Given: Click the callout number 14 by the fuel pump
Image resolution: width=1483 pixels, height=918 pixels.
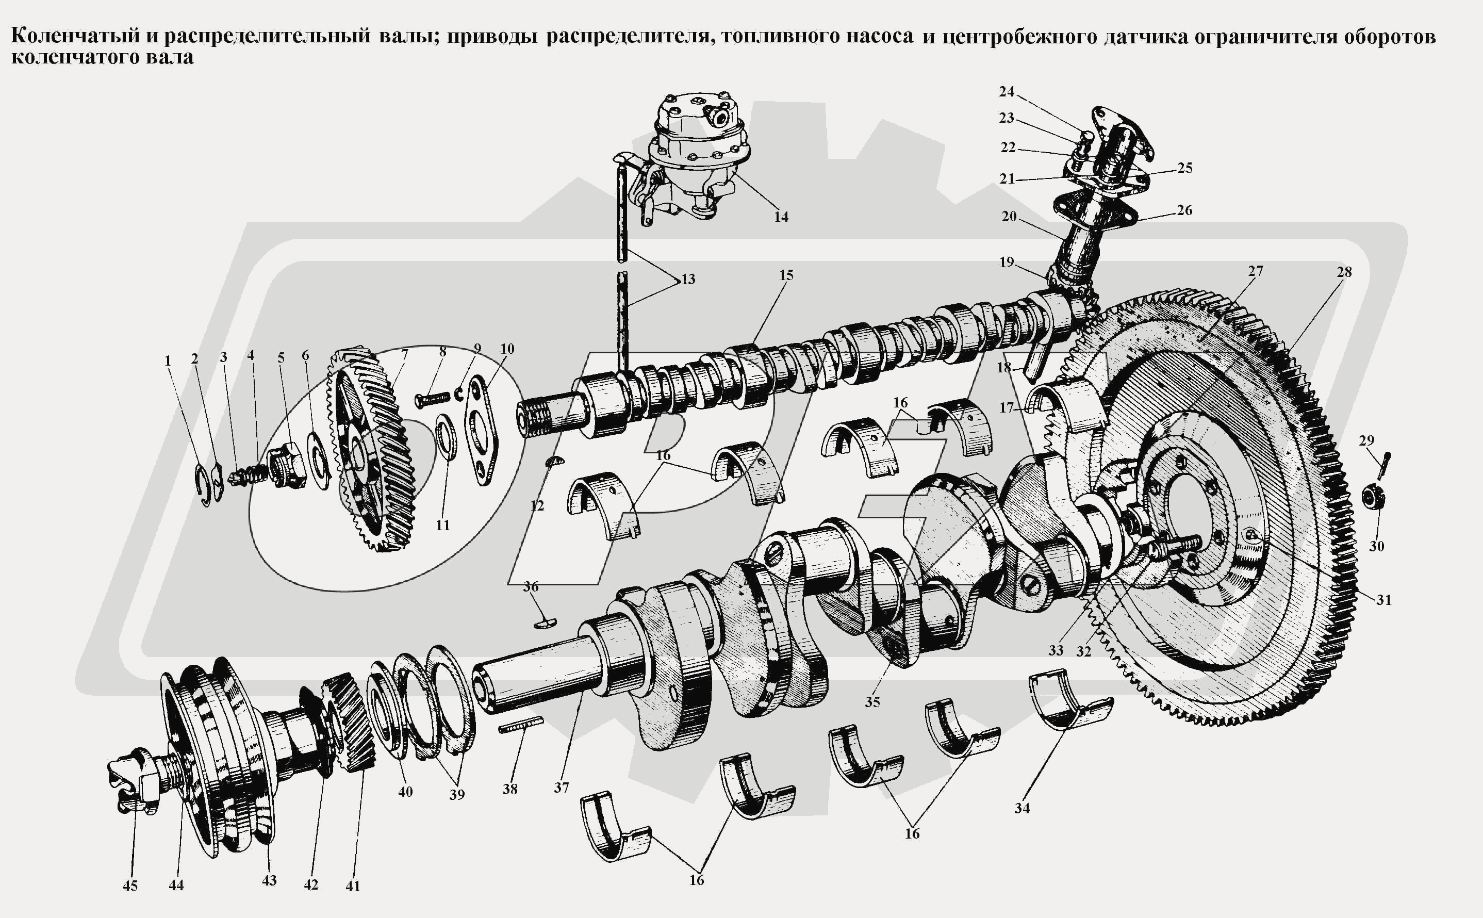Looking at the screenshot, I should [x=781, y=217].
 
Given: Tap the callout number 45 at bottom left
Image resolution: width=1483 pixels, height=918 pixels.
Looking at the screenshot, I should [x=130, y=886].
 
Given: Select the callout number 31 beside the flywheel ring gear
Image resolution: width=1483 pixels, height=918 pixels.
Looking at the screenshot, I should [x=1383, y=600].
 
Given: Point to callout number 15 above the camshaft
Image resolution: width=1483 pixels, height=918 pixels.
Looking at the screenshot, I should [x=786, y=275].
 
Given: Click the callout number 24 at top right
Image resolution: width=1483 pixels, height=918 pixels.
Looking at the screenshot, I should [x=1007, y=92].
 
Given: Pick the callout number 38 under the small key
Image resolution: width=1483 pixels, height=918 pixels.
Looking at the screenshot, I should [x=509, y=789].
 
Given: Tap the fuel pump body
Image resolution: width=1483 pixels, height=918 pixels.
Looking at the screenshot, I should [x=698, y=158].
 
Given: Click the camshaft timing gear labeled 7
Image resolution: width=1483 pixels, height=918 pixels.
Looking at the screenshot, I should [x=370, y=449].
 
